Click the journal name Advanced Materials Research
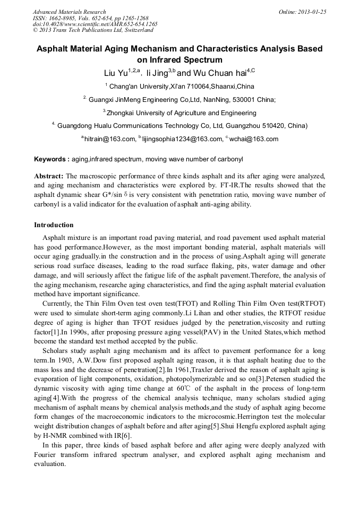pos(70,12)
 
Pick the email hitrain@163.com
pos(109,139)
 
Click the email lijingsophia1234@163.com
pos(182,139)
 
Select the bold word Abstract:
pos(49,176)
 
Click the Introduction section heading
pos(54,225)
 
